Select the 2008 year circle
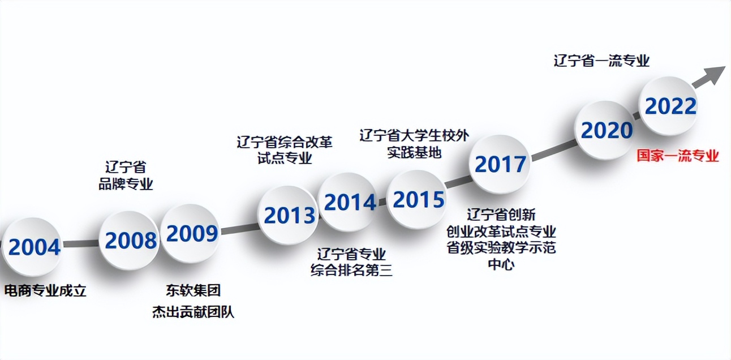(x=130, y=241)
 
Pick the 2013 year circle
(x=289, y=215)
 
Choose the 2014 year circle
(x=349, y=202)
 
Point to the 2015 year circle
(x=418, y=199)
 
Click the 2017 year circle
(x=500, y=164)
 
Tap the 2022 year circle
(x=670, y=106)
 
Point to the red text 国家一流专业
(x=678, y=156)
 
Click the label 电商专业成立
(x=45, y=291)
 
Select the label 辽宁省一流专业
(x=601, y=61)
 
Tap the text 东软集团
(x=193, y=291)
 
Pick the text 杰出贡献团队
(x=193, y=312)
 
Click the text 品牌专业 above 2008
(x=126, y=185)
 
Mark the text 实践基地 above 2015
(x=414, y=152)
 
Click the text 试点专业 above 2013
(x=285, y=158)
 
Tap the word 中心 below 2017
(x=501, y=264)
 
